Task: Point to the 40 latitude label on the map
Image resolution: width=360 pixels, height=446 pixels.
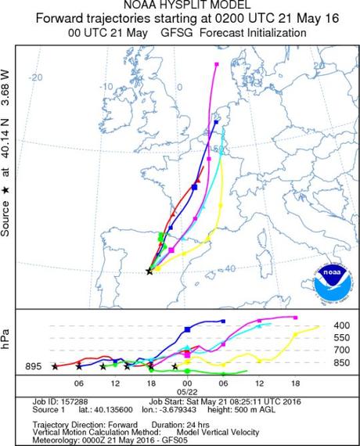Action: pyautogui.click(x=229, y=269)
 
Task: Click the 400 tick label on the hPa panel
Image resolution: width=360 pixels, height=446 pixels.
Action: pyautogui.click(x=342, y=326)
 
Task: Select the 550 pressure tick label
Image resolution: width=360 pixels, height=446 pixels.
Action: pyautogui.click(x=342, y=337)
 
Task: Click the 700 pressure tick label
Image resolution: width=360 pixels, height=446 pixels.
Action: pyautogui.click(x=342, y=350)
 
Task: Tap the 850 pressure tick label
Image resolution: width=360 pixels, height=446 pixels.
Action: pyautogui.click(x=342, y=362)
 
